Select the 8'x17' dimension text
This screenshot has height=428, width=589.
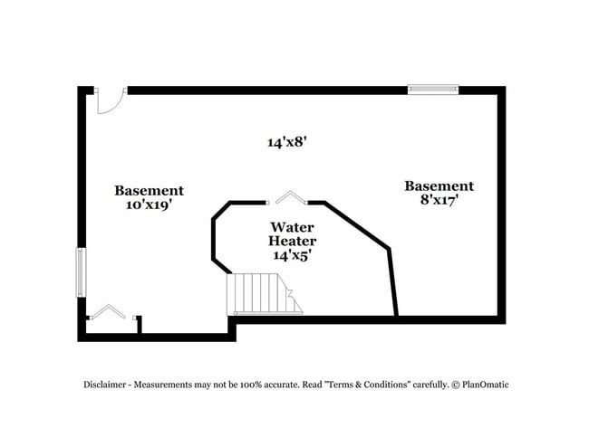click(x=439, y=201)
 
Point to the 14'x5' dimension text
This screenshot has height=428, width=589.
click(x=293, y=256)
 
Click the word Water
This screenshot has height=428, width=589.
click(x=293, y=226)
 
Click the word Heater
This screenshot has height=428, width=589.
click(x=293, y=242)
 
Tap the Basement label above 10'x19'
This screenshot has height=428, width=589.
click(x=149, y=190)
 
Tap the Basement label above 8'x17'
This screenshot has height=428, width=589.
click(x=439, y=185)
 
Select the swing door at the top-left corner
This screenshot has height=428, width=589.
click(x=108, y=101)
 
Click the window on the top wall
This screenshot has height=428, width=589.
click(x=432, y=90)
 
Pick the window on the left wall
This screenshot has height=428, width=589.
click(x=80, y=271)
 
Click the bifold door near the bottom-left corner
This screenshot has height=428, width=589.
click(x=111, y=312)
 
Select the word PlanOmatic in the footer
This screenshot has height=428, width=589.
click(x=485, y=385)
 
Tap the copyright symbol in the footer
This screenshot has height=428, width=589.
click(x=456, y=385)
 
